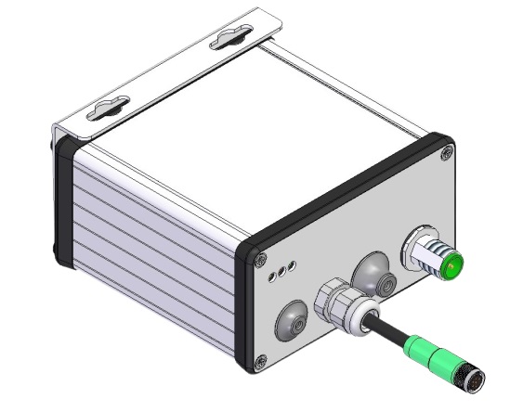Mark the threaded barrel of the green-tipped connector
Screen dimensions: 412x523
click(433, 257)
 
